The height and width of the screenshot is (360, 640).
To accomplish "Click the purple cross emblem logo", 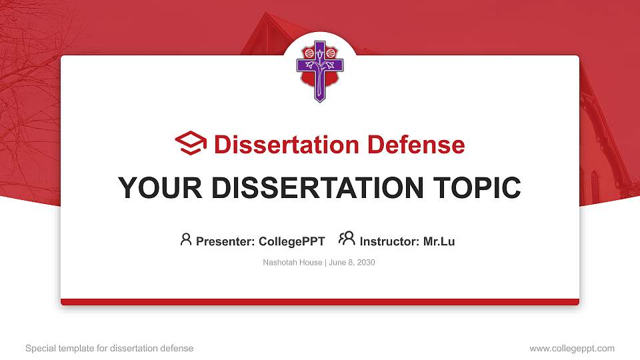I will click(320, 70).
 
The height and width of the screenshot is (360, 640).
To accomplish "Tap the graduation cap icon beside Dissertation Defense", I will click(191, 143).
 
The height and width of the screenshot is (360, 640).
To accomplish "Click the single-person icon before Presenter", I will click(186, 239).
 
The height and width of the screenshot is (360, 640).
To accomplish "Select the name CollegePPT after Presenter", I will click(291, 241).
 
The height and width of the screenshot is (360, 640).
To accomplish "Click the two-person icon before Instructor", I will click(347, 239).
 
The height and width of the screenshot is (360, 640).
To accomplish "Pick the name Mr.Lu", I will click(439, 241).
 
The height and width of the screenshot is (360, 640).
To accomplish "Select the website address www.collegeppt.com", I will click(572, 348).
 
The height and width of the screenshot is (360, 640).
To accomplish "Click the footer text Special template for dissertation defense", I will click(109, 348).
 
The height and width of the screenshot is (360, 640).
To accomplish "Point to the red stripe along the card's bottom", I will click(320, 302).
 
